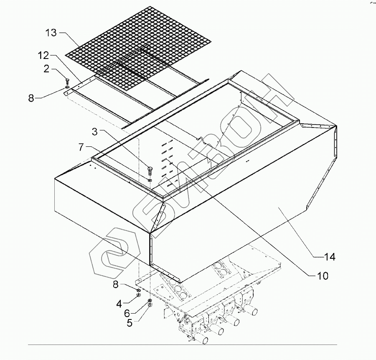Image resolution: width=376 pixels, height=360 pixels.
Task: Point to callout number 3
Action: click(x=95, y=132)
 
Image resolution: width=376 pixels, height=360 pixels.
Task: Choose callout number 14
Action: click(x=330, y=257)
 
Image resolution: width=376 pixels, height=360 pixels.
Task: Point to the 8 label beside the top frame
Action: click(x=31, y=98)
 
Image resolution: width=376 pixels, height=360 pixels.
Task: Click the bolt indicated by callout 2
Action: click(x=67, y=81)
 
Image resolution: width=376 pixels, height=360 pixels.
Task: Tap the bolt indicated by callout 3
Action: click(x=150, y=170)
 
